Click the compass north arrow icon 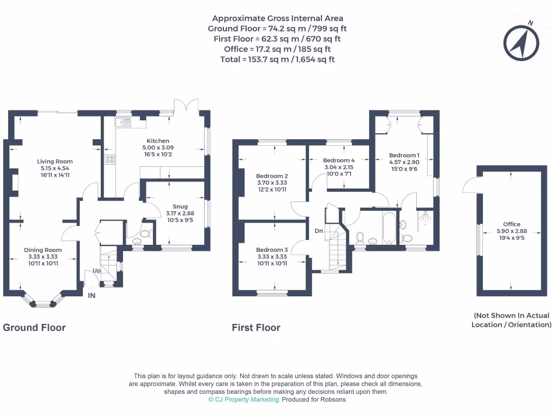tap(522, 42)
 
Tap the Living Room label tap(55, 161)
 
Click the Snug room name tap(180, 206)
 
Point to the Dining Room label tap(43, 250)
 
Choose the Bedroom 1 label tap(404, 155)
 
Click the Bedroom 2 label tap(272, 176)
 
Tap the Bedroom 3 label tap(272, 250)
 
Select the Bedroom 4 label tap(339, 160)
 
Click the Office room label tap(511, 224)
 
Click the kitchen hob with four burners tap(111, 159)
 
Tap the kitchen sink tap(121, 123)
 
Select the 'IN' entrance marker tap(92, 296)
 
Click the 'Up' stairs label tap(97, 270)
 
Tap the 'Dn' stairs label tap(319, 231)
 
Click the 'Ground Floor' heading tap(34, 327)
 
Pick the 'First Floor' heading tap(256, 327)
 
